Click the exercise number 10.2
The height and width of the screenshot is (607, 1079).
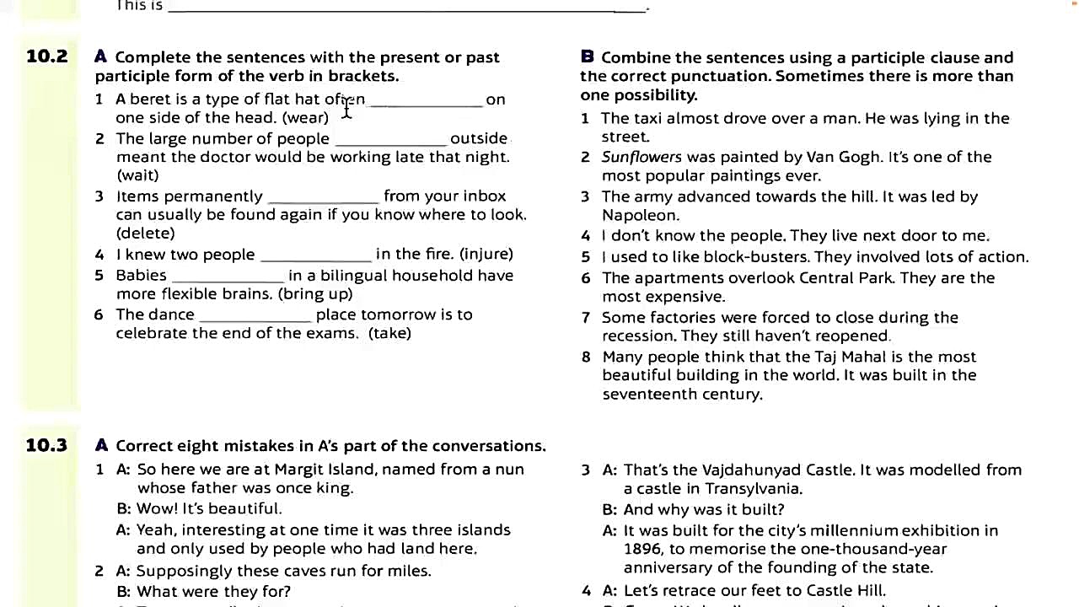coord(46,56)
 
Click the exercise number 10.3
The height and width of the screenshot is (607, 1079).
coord(46,445)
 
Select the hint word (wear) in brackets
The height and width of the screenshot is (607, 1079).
coord(305,118)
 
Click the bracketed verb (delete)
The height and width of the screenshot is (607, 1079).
coord(146,234)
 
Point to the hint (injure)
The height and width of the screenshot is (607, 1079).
coord(486,254)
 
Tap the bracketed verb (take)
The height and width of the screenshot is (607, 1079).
coord(389,333)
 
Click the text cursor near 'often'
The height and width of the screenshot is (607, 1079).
coord(346,107)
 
